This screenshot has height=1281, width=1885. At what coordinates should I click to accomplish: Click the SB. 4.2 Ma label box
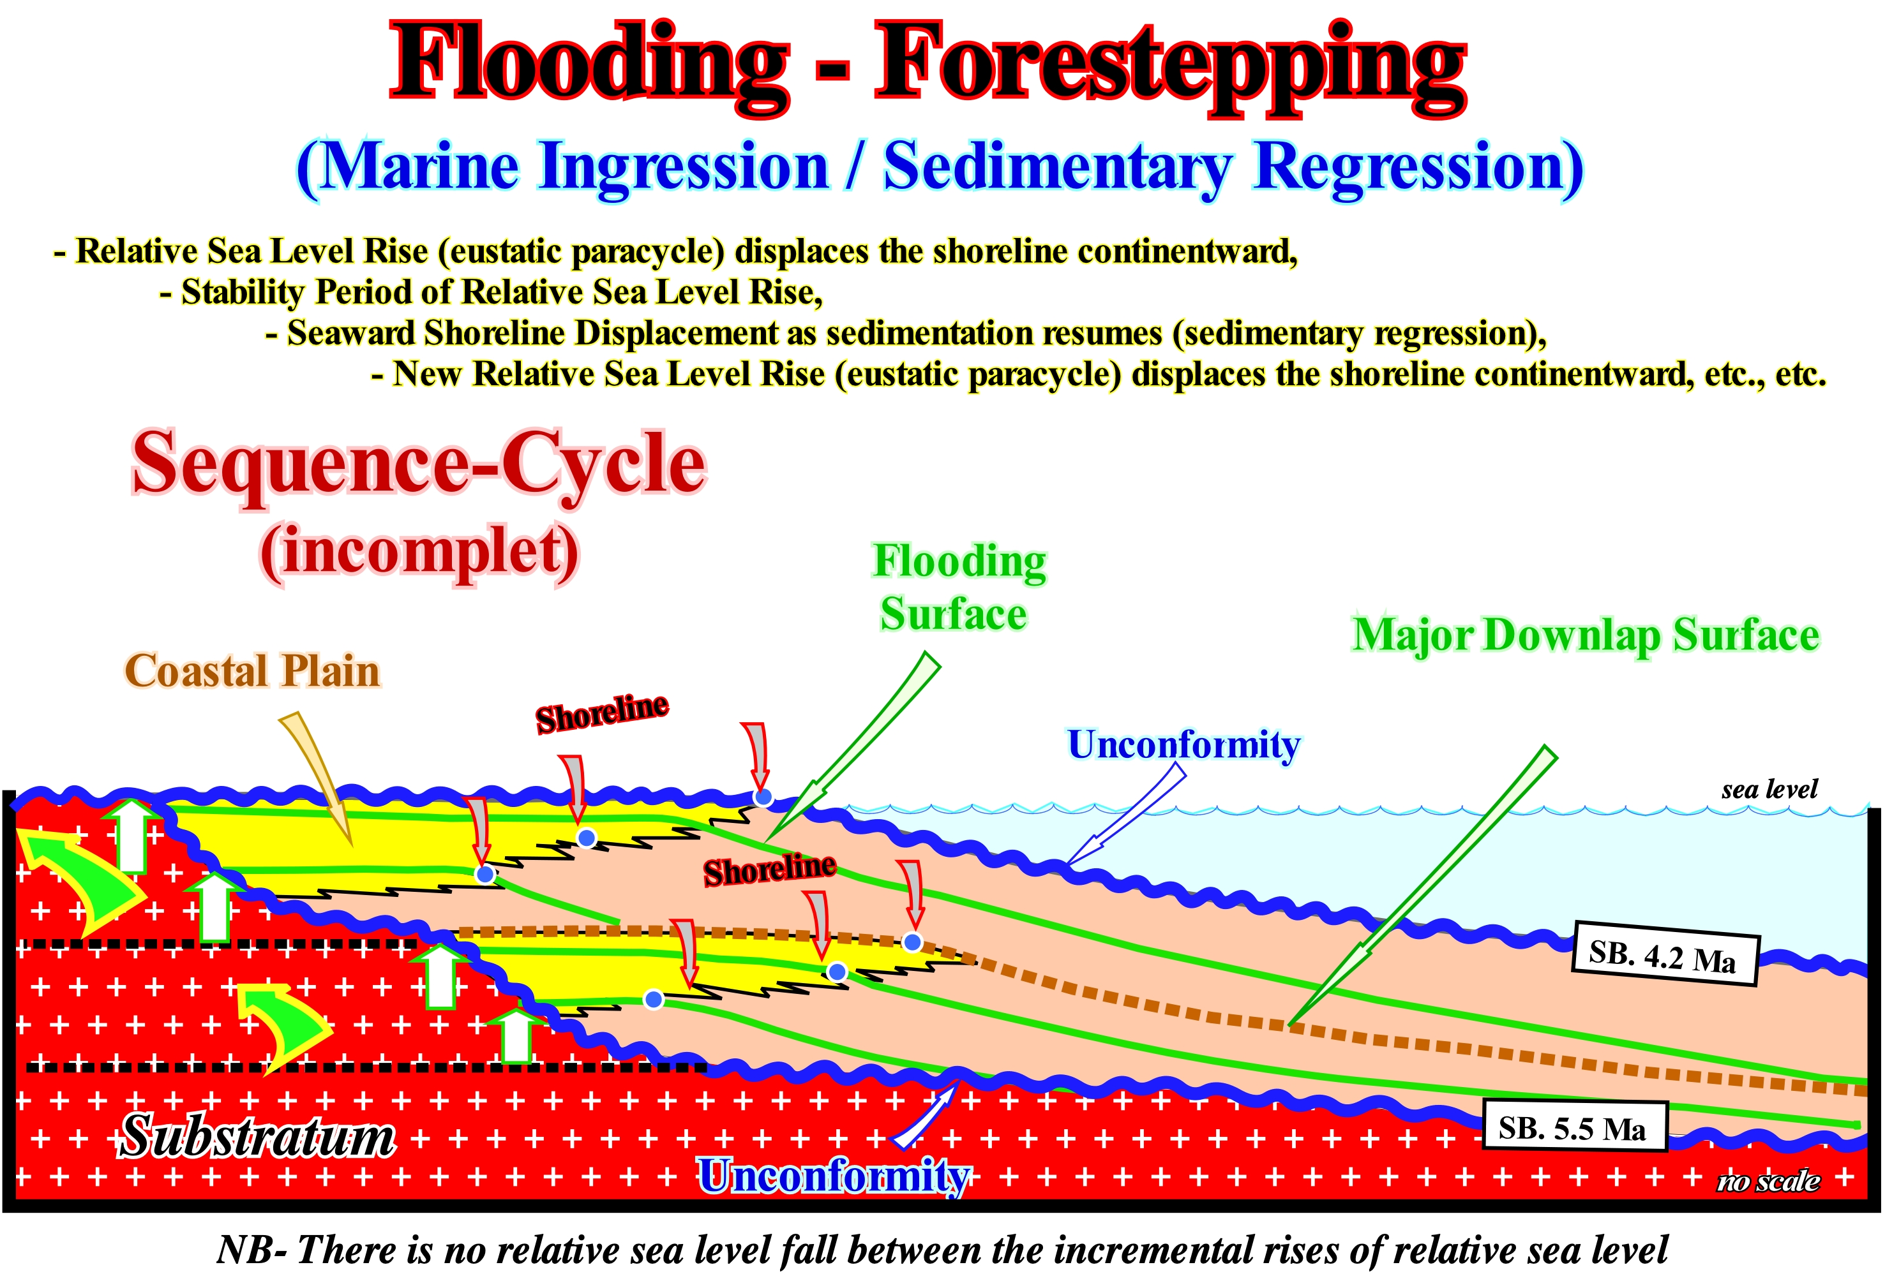[x=1664, y=954]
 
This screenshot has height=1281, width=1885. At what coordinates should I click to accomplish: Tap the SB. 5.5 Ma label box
[x=1574, y=1125]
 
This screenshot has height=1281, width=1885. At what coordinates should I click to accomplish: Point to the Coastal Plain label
[x=252, y=671]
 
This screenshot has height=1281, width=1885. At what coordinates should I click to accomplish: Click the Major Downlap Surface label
[x=1586, y=635]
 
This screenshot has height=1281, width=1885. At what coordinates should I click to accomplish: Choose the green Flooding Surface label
[x=959, y=587]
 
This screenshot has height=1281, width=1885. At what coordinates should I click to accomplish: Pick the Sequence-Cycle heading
[x=419, y=464]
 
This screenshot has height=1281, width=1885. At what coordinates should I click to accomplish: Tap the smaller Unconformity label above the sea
[x=1183, y=744]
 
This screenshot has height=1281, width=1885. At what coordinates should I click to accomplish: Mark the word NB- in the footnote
[x=252, y=1249]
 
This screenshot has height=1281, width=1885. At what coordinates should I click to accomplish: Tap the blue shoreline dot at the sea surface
[x=762, y=797]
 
